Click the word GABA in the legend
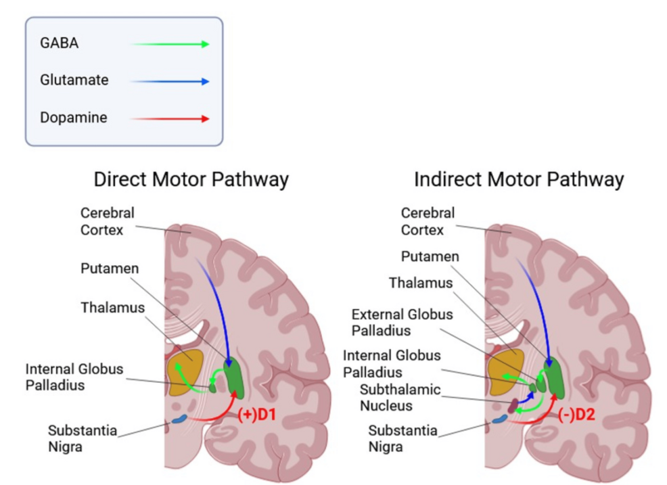tap(59, 43)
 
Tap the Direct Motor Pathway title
tap(191, 180)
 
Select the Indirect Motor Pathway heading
tap(518, 180)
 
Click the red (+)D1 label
tap(256, 414)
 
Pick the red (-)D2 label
tap(576, 414)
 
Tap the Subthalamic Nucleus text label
tap(400, 398)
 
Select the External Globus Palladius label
tap(402, 323)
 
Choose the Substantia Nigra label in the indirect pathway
tap(402, 438)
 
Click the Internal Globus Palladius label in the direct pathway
tap(74, 377)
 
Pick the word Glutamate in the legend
tap(74, 80)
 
